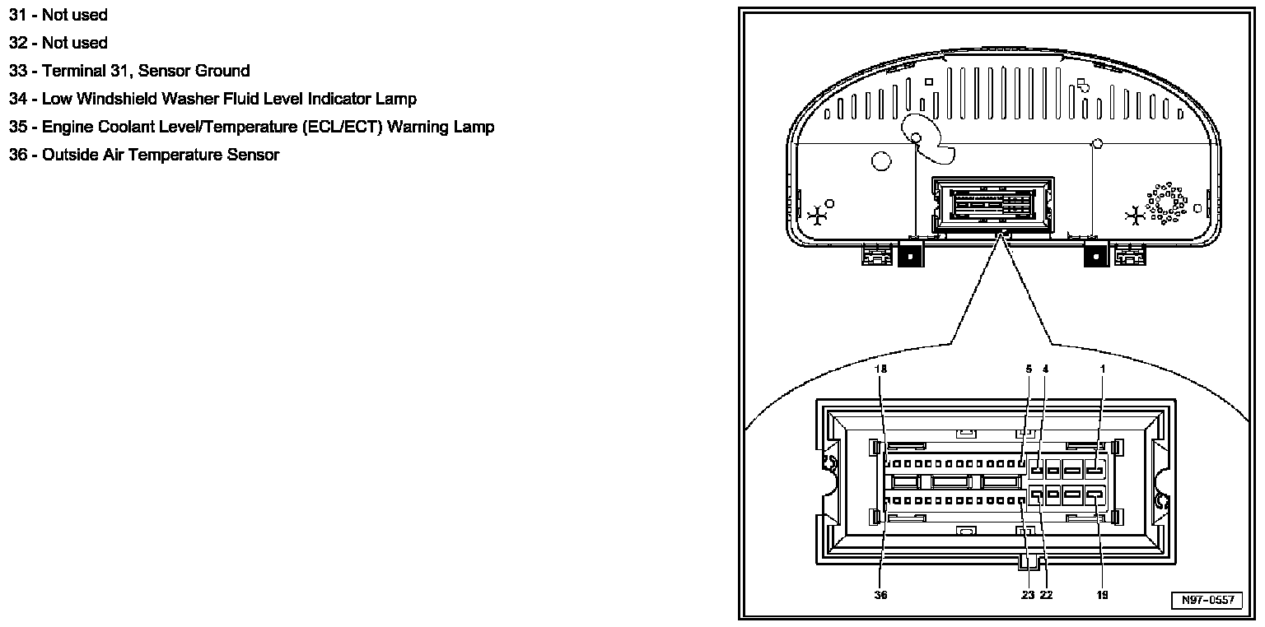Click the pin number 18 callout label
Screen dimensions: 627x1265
point(881,369)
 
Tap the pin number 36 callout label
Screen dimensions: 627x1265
point(881,595)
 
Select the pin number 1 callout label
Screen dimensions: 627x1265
point(1103,369)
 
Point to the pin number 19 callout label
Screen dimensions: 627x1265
point(1103,595)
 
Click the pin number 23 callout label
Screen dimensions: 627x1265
point(1028,595)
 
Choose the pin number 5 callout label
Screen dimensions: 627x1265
point(1029,369)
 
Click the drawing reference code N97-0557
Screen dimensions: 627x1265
point(1207,601)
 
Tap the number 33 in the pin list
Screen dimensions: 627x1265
point(18,71)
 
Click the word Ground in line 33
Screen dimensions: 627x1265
point(222,71)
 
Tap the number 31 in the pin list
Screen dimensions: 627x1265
point(18,15)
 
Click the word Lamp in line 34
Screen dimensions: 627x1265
point(396,99)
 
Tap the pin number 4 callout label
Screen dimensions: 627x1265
point(1046,369)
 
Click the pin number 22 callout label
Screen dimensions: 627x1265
point(1046,595)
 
